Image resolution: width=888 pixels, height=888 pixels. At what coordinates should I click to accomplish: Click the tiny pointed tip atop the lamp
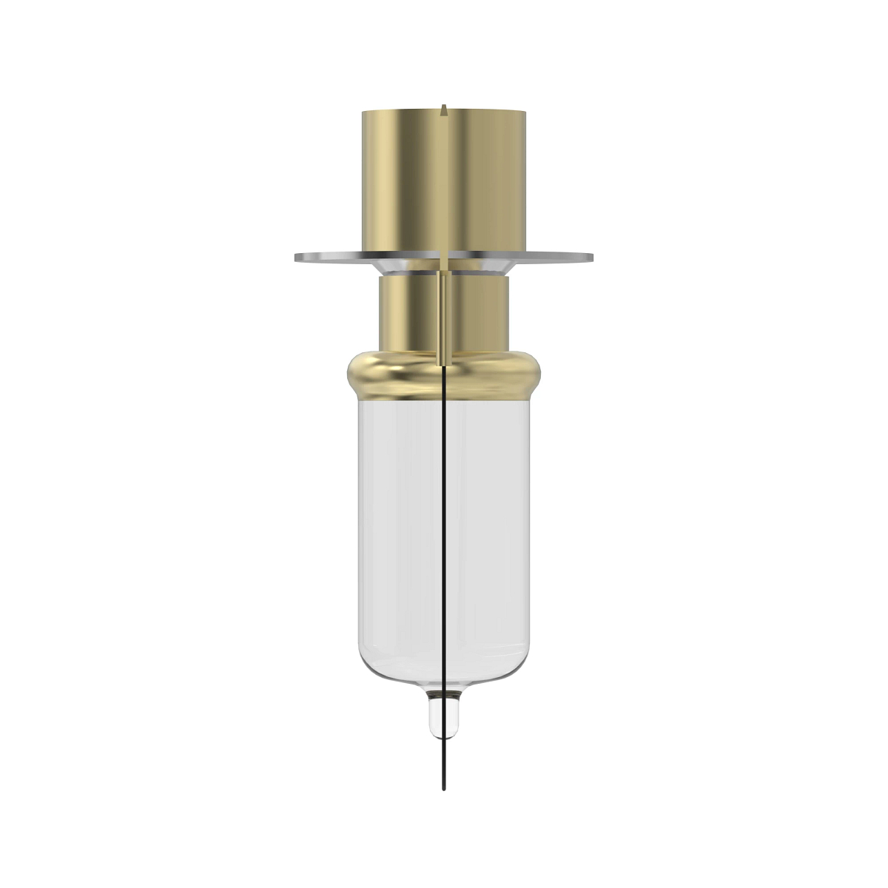(443, 108)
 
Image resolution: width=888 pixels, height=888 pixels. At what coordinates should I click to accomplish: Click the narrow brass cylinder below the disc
(407, 311)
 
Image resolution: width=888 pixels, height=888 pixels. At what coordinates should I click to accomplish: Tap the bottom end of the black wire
(443, 789)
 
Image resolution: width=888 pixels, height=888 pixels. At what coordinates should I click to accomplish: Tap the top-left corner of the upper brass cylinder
(363, 113)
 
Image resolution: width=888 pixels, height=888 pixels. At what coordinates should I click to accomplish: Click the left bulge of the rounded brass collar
(351, 375)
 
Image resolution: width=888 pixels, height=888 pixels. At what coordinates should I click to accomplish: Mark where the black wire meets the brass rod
(443, 365)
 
